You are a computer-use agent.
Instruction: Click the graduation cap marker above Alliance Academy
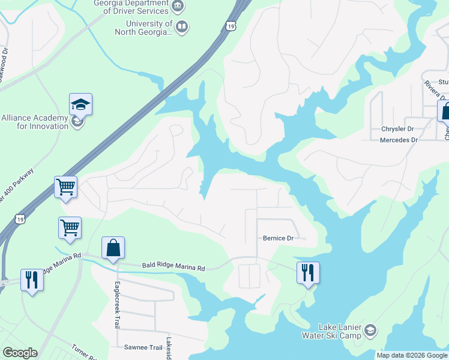pos(80,106)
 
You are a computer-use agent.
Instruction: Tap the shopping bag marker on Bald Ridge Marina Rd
pos(113,248)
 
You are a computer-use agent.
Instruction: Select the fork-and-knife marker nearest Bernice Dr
pos(308,274)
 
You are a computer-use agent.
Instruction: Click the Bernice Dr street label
pos(278,238)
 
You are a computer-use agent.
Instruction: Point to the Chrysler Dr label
pos(398,129)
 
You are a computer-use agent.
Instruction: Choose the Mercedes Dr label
pos(398,140)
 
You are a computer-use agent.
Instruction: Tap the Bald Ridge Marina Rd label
pos(173,266)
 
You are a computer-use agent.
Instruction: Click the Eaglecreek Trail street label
pos(118,304)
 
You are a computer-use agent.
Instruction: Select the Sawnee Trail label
pos(143,347)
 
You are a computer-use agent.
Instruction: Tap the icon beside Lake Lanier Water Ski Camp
pos(370,329)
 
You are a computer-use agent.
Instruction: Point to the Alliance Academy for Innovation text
pos(35,122)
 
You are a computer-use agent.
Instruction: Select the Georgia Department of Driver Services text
pos(131,7)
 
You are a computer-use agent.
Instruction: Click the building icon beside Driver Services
pos(178,7)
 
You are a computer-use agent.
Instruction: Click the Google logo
pos(20,353)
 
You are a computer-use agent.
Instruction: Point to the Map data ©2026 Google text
pos(411,355)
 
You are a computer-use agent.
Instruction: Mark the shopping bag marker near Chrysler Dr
pos(445,112)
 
